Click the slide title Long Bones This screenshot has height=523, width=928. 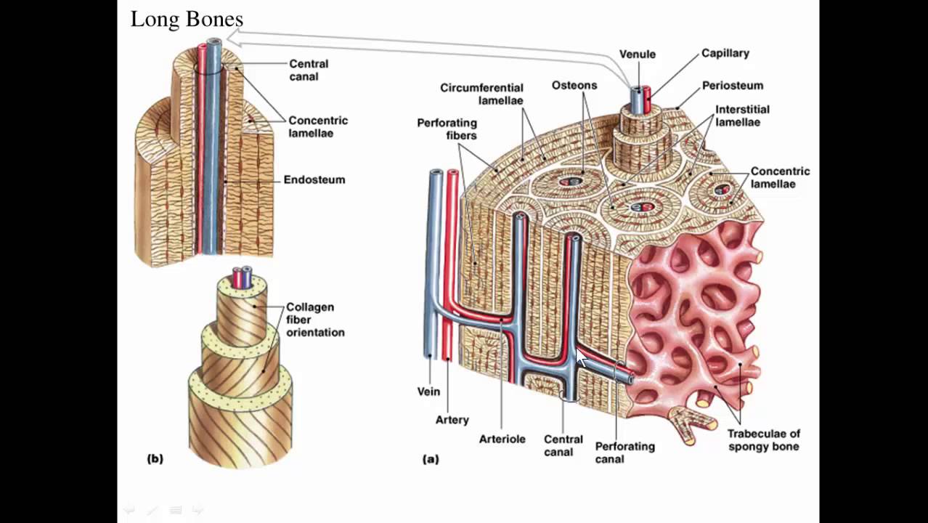[187, 20]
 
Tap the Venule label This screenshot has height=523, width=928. [637, 54]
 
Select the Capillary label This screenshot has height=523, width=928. [725, 53]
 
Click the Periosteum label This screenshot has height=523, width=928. [732, 86]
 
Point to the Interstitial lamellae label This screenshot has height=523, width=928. [741, 115]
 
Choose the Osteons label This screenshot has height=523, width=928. [574, 86]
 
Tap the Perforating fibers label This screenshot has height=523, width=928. [447, 129]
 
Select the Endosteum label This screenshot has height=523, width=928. [314, 179]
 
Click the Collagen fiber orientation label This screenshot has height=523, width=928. [314, 320]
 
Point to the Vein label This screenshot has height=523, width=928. [428, 392]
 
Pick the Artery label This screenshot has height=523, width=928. [452, 420]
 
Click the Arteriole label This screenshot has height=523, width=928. [502, 439]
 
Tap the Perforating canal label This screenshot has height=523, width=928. [624, 453]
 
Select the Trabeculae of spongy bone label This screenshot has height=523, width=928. [762, 440]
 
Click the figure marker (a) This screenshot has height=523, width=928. [431, 459]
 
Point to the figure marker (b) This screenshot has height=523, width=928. [155, 458]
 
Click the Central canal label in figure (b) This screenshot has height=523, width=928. [308, 70]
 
